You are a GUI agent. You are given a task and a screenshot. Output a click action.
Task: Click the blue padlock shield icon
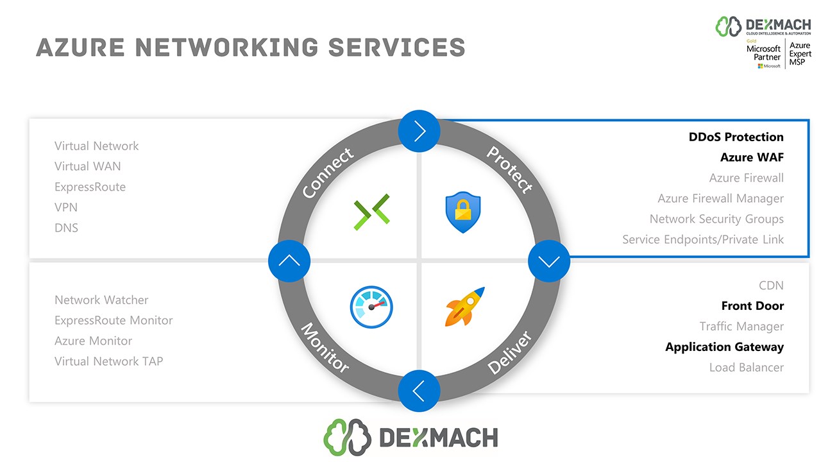(462, 212)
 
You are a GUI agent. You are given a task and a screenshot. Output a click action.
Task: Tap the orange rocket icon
(464, 307)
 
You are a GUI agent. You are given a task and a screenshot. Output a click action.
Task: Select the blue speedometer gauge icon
(371, 307)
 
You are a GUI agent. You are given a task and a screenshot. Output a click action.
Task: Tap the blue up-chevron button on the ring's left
(289, 261)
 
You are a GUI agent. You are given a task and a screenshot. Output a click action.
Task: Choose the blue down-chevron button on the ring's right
(549, 261)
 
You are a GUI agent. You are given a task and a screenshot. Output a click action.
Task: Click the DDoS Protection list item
(736, 137)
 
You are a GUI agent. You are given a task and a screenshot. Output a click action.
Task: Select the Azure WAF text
(752, 157)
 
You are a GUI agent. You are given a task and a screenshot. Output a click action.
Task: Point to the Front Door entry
(752, 306)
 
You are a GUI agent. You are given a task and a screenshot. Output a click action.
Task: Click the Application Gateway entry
(724, 347)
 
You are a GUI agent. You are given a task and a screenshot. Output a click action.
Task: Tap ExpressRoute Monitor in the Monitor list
(114, 320)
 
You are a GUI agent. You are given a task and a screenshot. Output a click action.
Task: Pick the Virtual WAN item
(87, 166)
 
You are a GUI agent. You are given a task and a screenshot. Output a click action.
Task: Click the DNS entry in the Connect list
(66, 228)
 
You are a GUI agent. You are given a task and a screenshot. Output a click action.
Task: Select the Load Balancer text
(746, 368)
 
